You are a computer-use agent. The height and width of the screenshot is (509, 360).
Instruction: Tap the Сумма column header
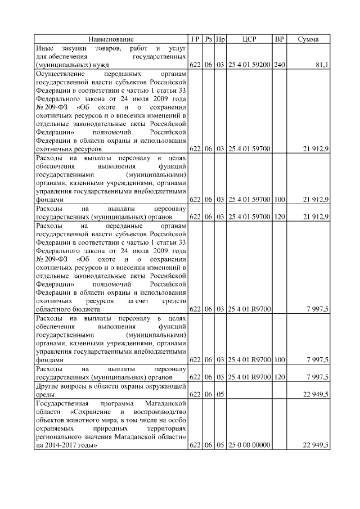click(308, 39)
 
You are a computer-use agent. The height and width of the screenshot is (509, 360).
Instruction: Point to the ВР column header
click(279, 39)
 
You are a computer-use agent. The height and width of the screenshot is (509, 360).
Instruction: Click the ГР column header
click(195, 39)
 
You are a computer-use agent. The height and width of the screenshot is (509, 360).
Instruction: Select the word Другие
click(47, 386)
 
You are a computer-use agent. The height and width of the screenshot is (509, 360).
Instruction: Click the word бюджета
click(86, 309)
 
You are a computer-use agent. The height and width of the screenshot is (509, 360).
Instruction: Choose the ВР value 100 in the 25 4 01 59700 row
click(279, 199)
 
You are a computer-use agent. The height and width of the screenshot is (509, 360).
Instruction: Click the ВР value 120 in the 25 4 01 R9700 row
click(279, 377)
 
